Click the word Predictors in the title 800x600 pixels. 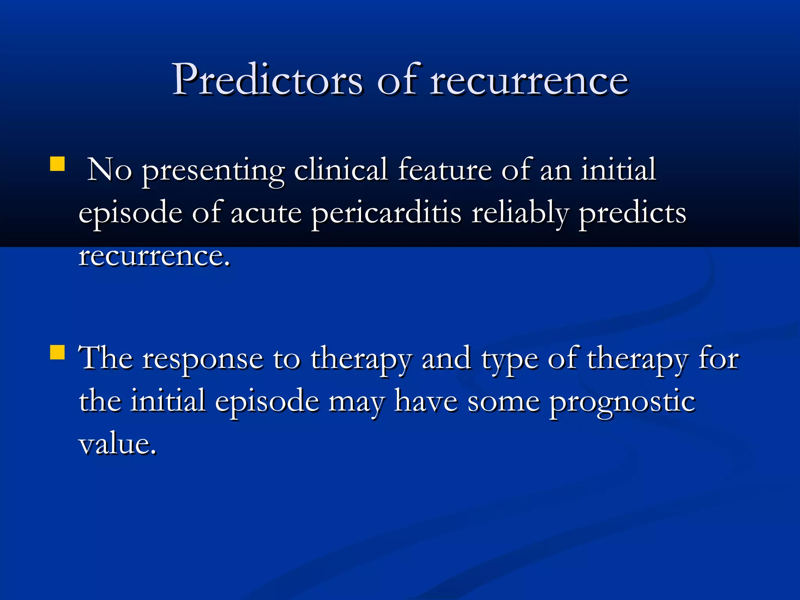tap(268, 80)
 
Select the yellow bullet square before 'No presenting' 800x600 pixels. tap(57, 164)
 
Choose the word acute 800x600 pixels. tap(266, 214)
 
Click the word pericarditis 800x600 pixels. tap(386, 214)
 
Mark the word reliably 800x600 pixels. tap(520, 214)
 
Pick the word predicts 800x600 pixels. tap(632, 214)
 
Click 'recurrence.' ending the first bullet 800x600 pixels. tap(154, 257)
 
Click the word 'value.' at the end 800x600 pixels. tap(118, 445)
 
